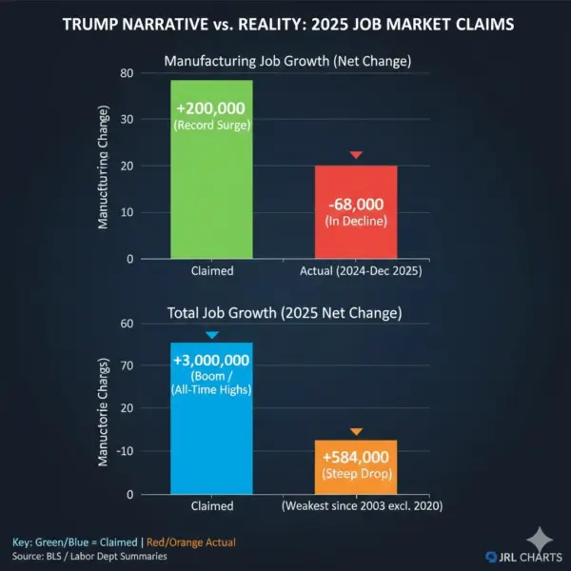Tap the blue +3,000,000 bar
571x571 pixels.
211,419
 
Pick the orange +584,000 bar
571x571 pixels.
357,467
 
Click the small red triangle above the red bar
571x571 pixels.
357,154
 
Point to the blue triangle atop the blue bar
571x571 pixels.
211,335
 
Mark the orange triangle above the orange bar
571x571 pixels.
357,432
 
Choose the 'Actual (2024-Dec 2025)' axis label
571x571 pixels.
357,271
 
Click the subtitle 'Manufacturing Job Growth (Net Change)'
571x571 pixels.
285,60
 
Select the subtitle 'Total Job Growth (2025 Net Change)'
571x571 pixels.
285,313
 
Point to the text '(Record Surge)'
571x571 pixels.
211,125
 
